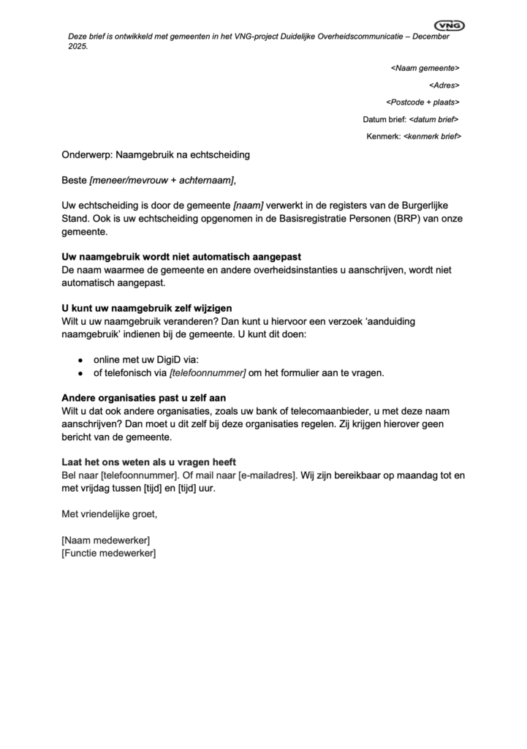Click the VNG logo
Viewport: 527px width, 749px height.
coord(454,26)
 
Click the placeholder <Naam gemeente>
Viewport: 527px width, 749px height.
coord(425,68)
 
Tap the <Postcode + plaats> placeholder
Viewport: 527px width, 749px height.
coord(422,102)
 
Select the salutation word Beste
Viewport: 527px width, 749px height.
coord(74,180)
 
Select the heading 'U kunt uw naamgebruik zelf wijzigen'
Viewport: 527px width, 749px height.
coord(146,308)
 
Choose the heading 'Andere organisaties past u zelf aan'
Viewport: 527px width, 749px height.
coord(145,398)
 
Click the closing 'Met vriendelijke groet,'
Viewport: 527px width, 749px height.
coord(109,514)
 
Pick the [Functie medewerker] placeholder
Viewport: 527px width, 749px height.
coord(109,553)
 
